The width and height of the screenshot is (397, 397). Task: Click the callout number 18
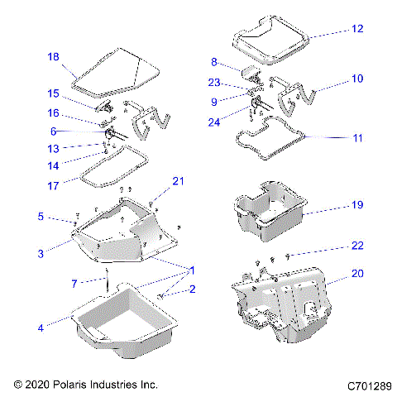[53, 57]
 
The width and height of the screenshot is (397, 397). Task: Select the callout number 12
[356, 28]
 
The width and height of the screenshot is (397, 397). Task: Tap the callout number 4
[40, 328]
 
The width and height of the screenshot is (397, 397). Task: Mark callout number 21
[176, 181]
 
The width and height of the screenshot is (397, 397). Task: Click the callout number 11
[356, 138]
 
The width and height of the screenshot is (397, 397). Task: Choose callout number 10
[356, 79]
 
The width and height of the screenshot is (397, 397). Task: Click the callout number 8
[214, 62]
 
